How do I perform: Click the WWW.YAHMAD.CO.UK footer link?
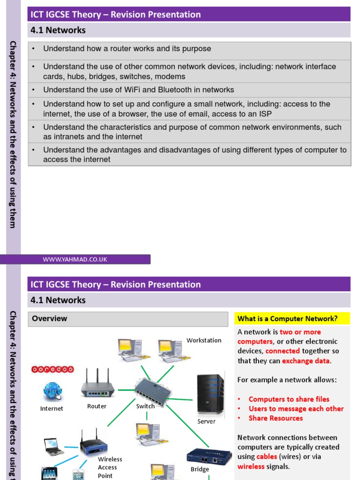75,259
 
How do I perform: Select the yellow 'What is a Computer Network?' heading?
292,319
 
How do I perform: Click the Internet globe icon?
52,391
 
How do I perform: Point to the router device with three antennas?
97,384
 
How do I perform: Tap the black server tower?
210,394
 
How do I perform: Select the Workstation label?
204,340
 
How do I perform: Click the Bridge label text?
200,469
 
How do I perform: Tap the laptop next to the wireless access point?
54,446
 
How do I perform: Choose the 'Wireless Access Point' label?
110,467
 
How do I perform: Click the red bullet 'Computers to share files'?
289,399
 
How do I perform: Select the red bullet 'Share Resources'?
276,418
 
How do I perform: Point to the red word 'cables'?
267,457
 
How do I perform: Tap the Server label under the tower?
206,421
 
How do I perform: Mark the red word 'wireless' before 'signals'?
251,466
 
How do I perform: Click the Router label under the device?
97,406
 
